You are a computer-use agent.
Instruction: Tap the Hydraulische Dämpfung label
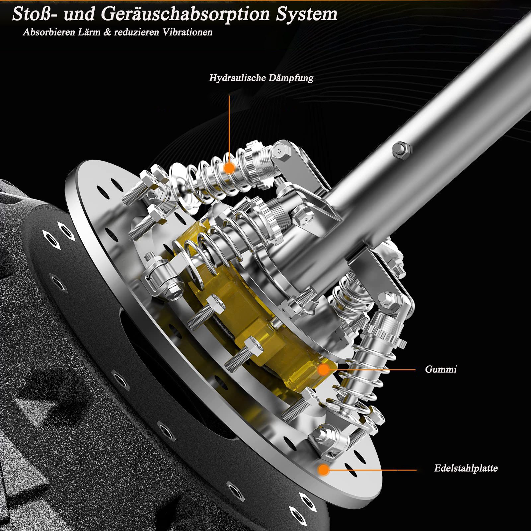coord(261,78)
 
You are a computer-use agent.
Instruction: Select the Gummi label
coord(441,369)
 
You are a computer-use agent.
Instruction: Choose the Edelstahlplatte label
coord(466,468)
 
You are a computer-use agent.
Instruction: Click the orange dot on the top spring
coord(229,168)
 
